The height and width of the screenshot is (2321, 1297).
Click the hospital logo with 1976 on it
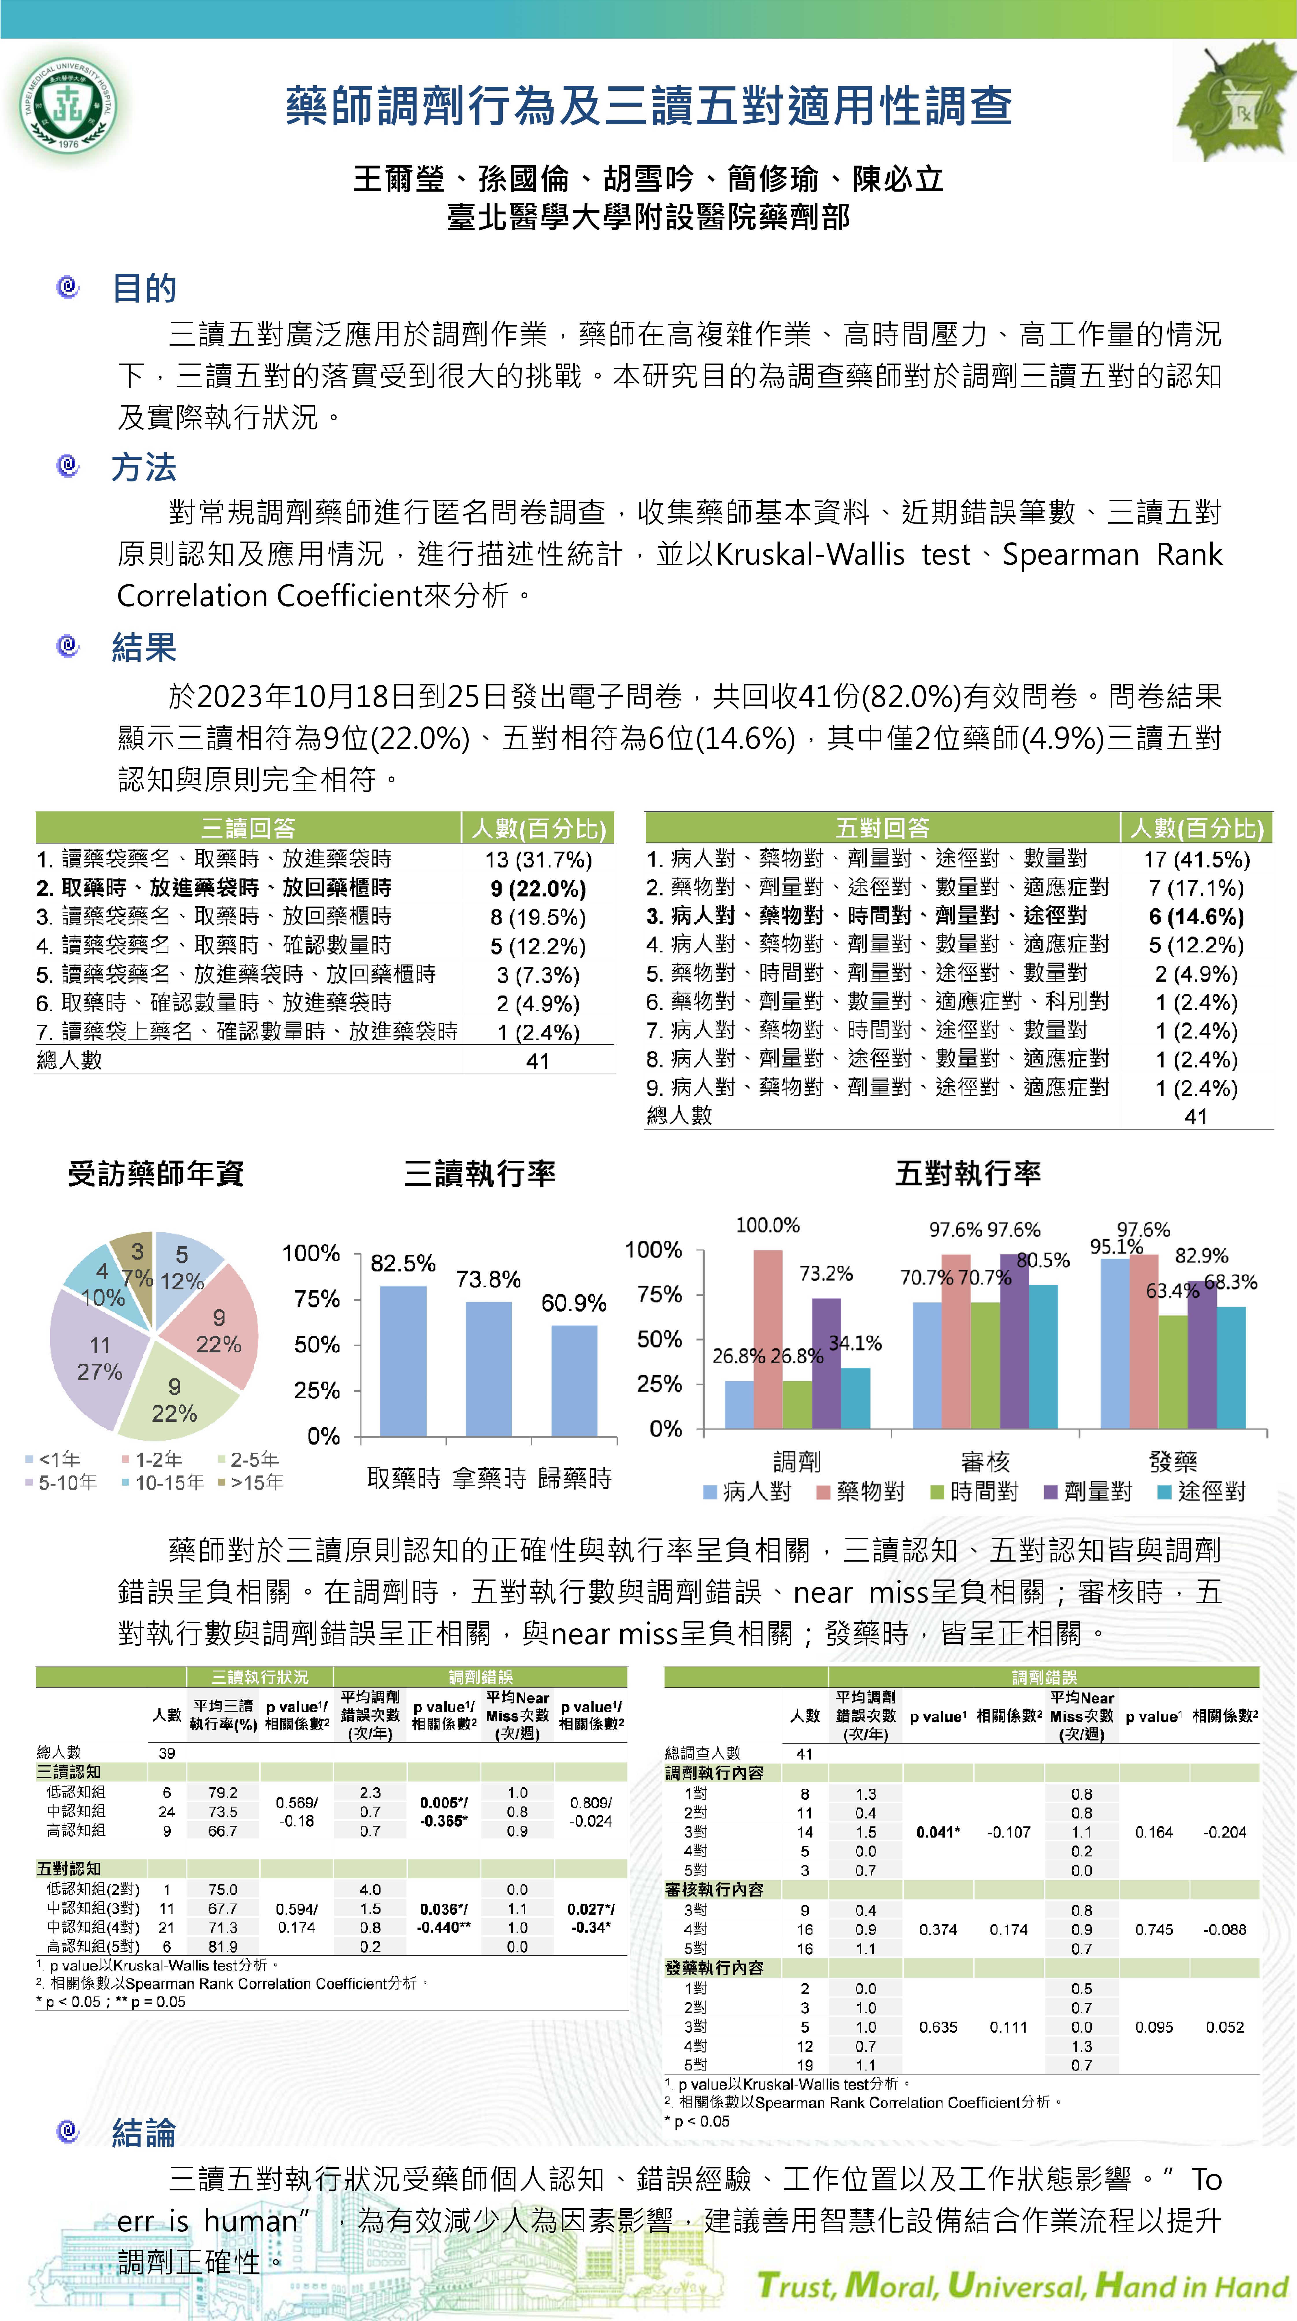tap(68, 105)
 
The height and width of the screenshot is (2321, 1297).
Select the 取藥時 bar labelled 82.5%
tap(402, 1360)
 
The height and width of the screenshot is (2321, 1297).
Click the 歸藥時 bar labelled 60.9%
tap(574, 1380)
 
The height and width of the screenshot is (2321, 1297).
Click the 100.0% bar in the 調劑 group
tap(767, 1339)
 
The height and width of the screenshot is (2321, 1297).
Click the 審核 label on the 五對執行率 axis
tap(985, 1461)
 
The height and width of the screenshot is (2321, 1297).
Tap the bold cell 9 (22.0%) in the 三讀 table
tap(538, 888)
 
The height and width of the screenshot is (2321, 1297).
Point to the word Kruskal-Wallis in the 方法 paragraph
tap(810, 554)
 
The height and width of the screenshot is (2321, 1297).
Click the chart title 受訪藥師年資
tap(156, 1173)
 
